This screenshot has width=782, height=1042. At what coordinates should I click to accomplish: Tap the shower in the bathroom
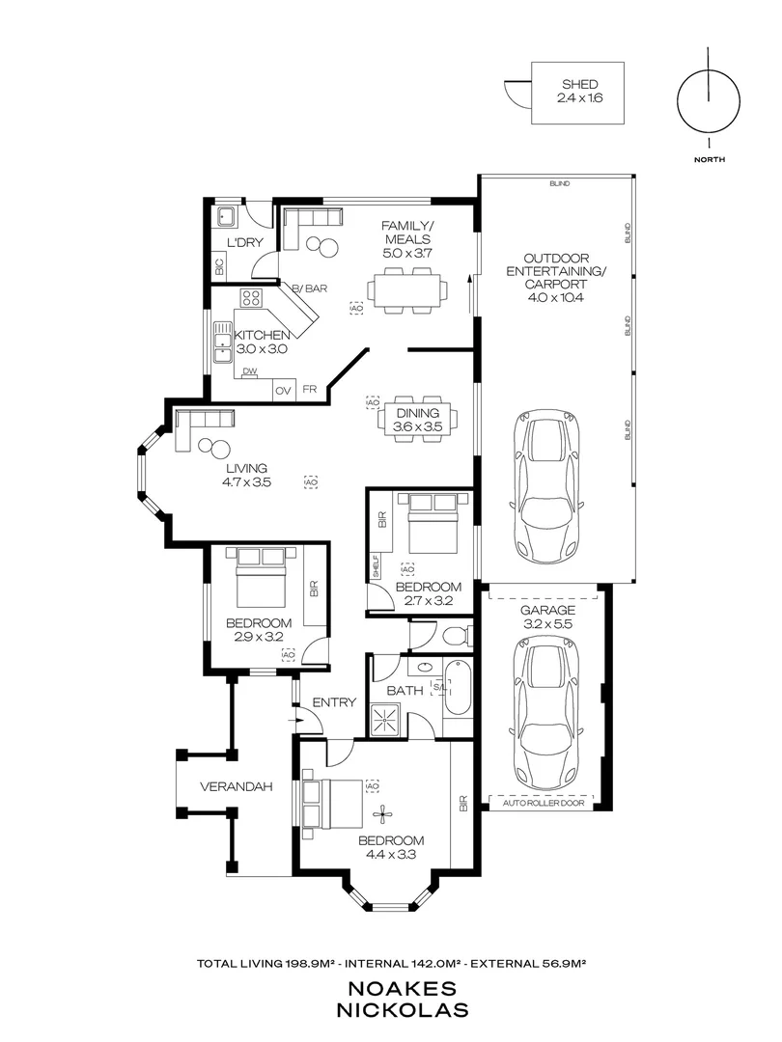(x=386, y=719)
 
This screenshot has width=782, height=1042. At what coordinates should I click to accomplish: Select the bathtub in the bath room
(x=458, y=691)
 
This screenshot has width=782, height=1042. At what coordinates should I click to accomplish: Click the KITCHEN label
(x=262, y=335)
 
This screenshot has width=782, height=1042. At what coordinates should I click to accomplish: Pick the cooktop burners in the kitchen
(x=251, y=297)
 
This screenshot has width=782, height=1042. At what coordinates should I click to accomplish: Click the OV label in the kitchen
(x=283, y=391)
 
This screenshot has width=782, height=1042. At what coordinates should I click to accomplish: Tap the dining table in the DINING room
(x=418, y=419)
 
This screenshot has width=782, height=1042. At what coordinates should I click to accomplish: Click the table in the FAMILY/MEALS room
(x=407, y=289)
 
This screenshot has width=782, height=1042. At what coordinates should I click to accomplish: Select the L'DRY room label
(x=244, y=242)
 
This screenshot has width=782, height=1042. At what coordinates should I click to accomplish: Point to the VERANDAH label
(x=230, y=786)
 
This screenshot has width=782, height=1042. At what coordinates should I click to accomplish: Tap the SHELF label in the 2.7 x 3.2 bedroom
(x=376, y=566)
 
